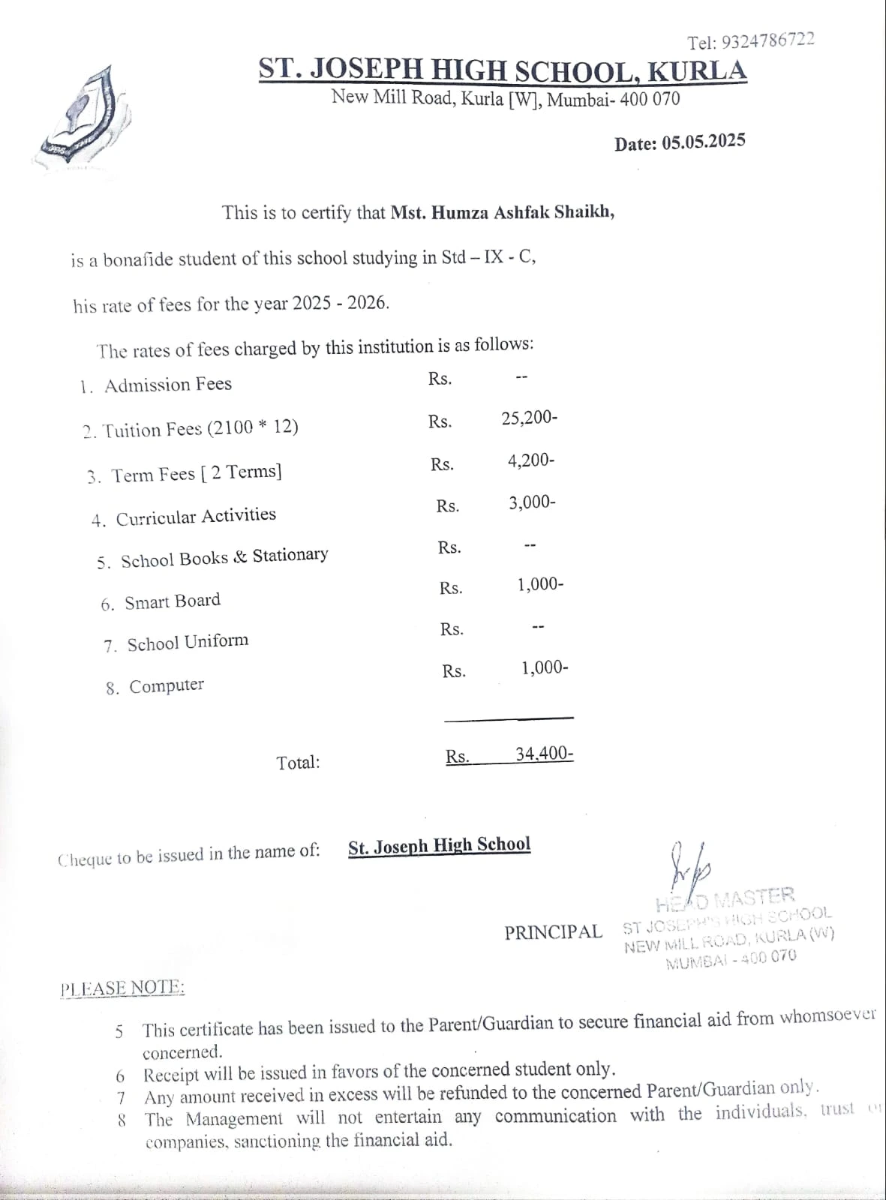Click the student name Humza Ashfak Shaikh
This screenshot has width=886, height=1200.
(x=503, y=212)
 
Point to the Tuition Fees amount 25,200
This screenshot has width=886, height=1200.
(x=529, y=418)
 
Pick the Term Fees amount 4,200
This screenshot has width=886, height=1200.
(x=531, y=460)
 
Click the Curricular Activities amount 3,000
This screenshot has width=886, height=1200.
(x=532, y=502)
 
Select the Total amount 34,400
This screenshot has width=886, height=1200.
(x=544, y=754)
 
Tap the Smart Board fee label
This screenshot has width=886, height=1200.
(x=173, y=601)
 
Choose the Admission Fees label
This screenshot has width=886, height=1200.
(x=168, y=385)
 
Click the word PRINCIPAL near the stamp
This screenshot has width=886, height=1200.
(x=553, y=932)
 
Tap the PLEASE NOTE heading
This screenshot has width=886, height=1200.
(x=122, y=988)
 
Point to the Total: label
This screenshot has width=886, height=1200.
(x=298, y=763)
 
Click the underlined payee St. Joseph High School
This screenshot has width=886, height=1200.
(x=439, y=846)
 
